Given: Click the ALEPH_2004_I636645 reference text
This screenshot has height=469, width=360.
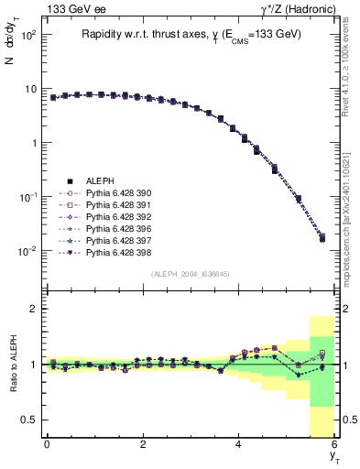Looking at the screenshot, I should [190, 274].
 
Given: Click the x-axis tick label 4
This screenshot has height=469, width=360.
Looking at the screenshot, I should [238, 444].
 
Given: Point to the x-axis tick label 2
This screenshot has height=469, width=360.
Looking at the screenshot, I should [142, 444].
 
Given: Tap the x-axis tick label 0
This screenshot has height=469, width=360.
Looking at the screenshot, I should [46, 444].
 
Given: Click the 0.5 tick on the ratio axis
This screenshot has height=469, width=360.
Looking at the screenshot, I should [29, 420].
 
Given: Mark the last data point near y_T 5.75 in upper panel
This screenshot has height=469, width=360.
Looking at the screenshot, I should [322, 238].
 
